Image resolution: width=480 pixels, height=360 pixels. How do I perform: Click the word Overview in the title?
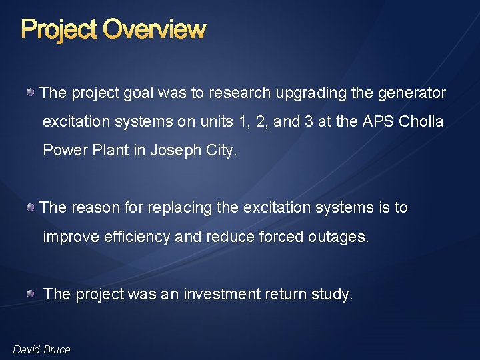(155, 29)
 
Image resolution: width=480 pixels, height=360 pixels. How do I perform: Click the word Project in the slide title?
(59, 29)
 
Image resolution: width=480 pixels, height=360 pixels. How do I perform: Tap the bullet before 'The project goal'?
(31, 93)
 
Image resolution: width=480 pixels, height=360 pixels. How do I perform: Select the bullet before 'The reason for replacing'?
(31, 207)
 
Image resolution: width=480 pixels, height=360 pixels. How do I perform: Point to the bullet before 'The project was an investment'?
(31, 294)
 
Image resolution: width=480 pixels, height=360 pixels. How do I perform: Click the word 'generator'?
(411, 93)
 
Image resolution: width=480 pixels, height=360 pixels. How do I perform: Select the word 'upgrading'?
(311, 93)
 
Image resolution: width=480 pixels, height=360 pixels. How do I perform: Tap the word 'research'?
(240, 93)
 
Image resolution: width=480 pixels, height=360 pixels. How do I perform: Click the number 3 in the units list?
(309, 122)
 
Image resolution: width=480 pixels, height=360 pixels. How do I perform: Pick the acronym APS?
(379, 122)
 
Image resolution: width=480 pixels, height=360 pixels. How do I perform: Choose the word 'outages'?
(339, 237)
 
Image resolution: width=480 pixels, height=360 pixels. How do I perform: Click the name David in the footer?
(27, 349)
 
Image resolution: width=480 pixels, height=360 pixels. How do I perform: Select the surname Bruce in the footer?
(57, 349)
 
